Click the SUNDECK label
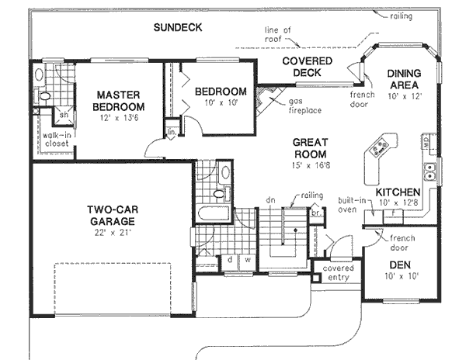point(177,27)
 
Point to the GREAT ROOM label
point(311,148)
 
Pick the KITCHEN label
point(398,192)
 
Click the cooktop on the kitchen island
point(381,145)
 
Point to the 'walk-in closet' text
point(46,140)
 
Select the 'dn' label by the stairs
point(271,199)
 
